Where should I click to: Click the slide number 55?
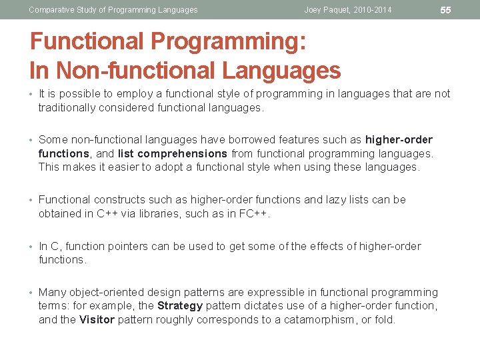tap(446, 10)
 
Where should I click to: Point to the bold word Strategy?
tap(179, 306)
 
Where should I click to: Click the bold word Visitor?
tap(97, 319)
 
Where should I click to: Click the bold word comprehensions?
tap(183, 153)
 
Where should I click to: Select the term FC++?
tap(259, 213)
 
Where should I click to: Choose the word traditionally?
tap(67, 107)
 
